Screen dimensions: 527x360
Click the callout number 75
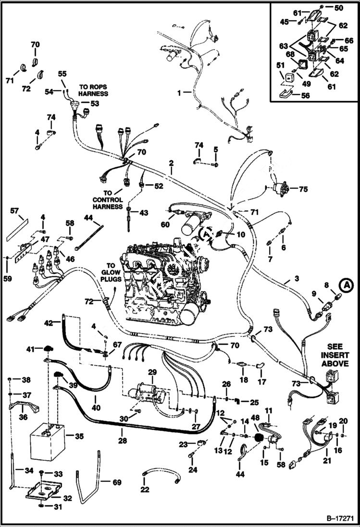[x=302, y=189]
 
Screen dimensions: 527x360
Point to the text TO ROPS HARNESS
[x=94, y=90]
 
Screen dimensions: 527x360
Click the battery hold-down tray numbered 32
[x=44, y=490]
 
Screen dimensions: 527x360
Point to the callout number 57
[x=14, y=210]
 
